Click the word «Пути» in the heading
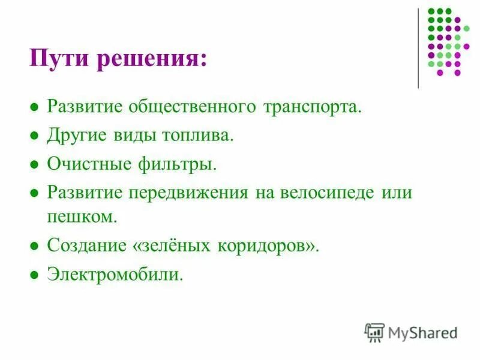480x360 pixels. coord(55,60)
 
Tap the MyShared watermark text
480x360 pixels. coord(422,332)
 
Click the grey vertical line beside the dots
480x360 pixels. coord(418,48)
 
